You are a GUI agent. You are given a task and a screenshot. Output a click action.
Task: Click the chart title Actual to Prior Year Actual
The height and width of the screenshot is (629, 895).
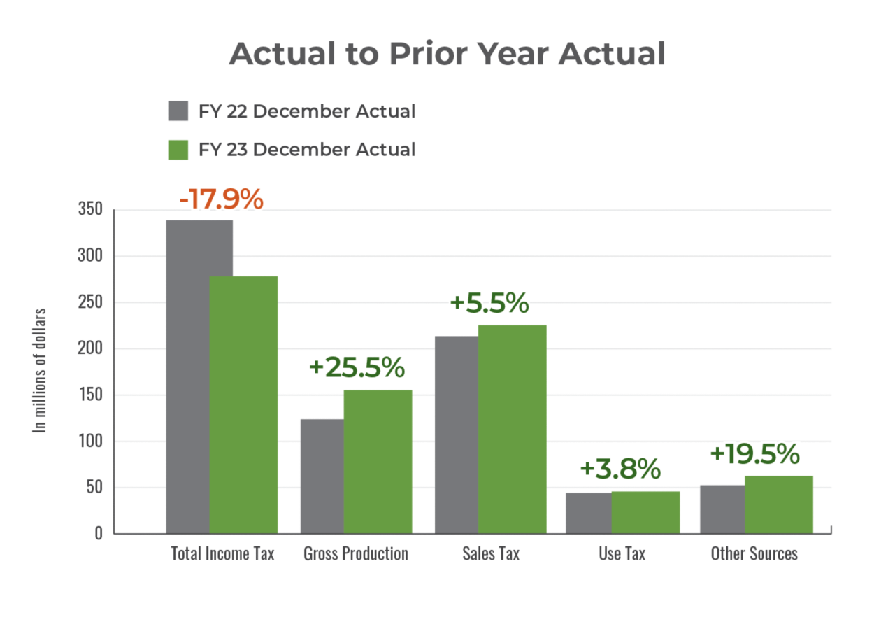(x=447, y=54)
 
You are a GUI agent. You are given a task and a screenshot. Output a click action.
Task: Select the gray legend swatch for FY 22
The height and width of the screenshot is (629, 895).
(x=178, y=111)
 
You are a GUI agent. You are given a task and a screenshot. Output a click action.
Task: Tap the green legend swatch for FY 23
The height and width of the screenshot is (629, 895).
(x=178, y=149)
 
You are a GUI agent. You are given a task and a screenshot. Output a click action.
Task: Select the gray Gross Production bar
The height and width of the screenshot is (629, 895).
(x=321, y=476)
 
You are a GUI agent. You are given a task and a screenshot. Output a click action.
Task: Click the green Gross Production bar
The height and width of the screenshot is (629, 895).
(x=378, y=461)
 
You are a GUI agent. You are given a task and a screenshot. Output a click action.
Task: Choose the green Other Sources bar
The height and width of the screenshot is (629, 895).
(x=779, y=504)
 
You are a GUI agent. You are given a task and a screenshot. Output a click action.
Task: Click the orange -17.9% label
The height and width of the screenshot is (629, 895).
(x=221, y=199)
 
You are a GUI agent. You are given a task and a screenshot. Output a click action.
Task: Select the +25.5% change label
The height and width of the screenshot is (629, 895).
(x=356, y=367)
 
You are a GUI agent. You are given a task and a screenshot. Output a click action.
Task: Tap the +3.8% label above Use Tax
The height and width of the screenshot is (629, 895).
(x=620, y=469)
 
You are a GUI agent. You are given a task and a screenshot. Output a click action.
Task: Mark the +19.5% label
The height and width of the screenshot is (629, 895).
(x=754, y=454)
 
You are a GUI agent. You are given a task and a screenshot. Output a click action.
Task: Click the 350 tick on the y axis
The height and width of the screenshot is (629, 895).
(x=89, y=209)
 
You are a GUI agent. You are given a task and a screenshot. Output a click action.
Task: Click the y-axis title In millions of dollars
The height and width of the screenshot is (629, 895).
(x=41, y=371)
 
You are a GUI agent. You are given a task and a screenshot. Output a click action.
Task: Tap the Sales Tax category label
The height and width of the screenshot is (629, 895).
(x=491, y=553)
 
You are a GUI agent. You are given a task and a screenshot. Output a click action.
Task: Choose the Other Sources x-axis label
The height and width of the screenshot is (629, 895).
(x=754, y=553)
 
